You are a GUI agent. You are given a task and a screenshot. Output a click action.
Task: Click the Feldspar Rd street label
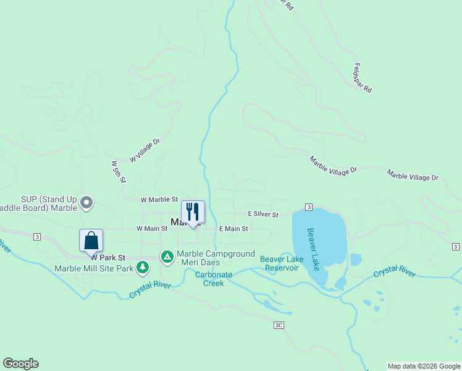click(363, 77)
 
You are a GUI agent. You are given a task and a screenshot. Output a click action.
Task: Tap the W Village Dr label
click(145, 150)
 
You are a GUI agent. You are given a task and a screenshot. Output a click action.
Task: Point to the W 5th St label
click(118, 172)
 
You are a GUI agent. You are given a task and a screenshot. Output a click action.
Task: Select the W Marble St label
click(159, 200)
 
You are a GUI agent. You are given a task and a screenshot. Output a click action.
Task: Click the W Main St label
click(152, 228)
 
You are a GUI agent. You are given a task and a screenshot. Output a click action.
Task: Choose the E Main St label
click(233, 228)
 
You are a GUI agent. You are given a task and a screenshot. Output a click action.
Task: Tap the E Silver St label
click(263, 214)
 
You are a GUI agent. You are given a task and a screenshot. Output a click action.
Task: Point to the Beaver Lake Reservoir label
click(282, 263)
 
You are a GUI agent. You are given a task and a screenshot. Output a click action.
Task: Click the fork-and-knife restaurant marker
click(193, 212)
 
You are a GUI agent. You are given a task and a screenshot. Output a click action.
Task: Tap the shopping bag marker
click(91, 241)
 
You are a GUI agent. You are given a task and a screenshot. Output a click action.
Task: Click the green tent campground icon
click(167, 256)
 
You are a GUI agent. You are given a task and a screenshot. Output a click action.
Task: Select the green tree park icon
click(143, 268)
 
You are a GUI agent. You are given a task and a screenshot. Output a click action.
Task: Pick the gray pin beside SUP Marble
click(87, 202)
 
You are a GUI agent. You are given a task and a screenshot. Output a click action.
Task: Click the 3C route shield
click(279, 324)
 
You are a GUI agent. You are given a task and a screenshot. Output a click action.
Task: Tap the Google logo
click(20, 364)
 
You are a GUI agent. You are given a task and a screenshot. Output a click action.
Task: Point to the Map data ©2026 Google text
click(424, 366)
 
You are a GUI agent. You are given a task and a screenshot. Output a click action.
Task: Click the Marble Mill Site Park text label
click(94, 268)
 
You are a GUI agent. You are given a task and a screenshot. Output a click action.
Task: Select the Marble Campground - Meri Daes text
click(216, 258)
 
